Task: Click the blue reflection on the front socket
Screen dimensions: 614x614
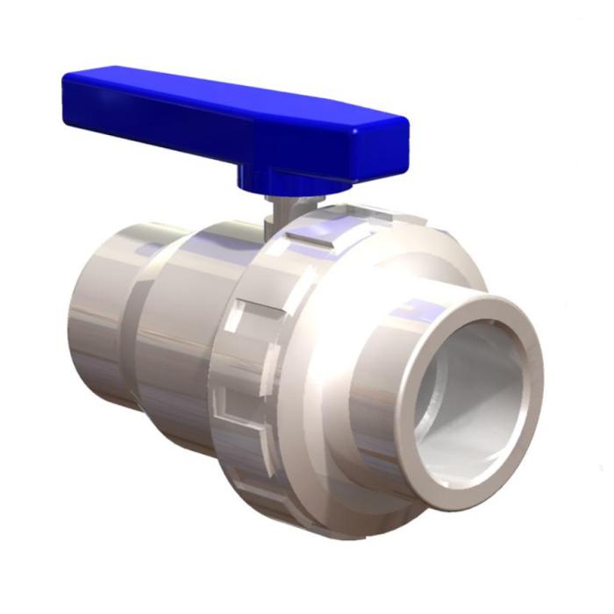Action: [421, 309]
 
